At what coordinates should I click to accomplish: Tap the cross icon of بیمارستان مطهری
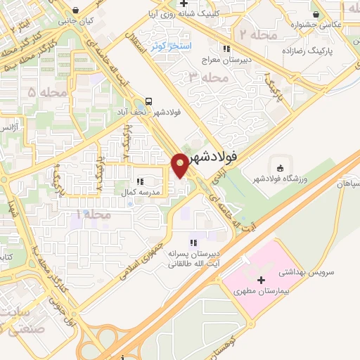(262, 281)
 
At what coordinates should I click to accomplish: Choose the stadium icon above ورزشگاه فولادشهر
(280, 168)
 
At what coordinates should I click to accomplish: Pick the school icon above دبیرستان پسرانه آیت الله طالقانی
(193, 243)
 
